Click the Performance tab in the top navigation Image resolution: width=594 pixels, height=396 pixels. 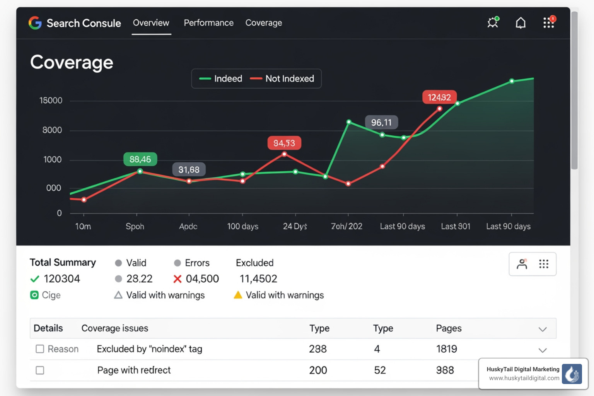[208, 23]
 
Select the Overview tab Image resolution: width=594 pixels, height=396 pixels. [151, 23]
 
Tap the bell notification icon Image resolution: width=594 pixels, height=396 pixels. [521, 23]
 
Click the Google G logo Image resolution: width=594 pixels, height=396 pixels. [35, 23]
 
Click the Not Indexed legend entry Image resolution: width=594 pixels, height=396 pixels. [282, 79]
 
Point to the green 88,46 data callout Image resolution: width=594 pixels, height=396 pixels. [140, 159]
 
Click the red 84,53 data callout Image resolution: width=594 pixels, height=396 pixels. [284, 143]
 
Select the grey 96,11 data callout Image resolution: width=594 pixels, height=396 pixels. [381, 123]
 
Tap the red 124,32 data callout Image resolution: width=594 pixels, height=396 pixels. [439, 97]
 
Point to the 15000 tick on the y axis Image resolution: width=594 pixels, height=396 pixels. [51, 101]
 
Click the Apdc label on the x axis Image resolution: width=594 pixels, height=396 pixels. [188, 226]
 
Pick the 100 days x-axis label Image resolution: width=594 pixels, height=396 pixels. [242, 226]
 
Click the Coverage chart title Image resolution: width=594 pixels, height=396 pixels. [72, 62]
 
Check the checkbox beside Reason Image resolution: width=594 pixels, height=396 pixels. [40, 349]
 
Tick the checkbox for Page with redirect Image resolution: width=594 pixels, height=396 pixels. [40, 370]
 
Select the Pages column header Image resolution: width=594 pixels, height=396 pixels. [449, 328]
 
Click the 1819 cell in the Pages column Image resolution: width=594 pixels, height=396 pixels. [447, 349]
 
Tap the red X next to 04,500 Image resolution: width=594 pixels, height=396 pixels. [178, 279]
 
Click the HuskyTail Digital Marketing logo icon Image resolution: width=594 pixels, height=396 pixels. [572, 374]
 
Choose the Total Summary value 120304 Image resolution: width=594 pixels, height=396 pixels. [62, 279]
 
